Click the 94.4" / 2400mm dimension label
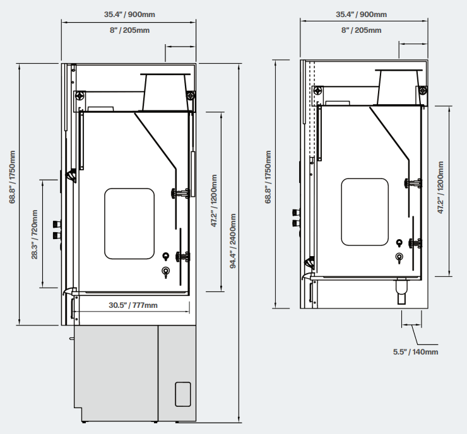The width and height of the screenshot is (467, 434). click(x=233, y=241)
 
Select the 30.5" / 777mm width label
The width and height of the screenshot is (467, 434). click(x=133, y=305)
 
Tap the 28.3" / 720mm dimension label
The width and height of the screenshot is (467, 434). click(x=35, y=234)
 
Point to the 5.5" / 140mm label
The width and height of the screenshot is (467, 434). click(x=415, y=352)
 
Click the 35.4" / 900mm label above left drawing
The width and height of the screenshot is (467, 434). click(x=129, y=15)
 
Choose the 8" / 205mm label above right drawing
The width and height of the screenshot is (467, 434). click(x=361, y=30)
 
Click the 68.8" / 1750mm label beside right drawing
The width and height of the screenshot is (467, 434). click(x=268, y=177)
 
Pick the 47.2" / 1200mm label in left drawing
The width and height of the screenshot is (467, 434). click(x=214, y=201)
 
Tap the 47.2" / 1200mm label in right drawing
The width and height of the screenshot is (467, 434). click(x=440, y=187)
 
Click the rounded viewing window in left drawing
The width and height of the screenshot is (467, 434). click(x=129, y=223)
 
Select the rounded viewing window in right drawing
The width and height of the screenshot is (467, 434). click(x=365, y=212)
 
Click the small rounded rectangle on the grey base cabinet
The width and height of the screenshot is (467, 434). click(x=183, y=394)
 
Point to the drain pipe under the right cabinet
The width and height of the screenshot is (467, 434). click(x=402, y=291)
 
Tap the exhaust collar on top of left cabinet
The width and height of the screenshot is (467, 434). click(x=165, y=92)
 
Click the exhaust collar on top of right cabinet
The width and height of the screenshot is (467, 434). click(x=398, y=87)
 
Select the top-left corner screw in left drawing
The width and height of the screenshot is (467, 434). click(x=80, y=96)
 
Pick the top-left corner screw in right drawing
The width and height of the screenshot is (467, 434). click(x=318, y=90)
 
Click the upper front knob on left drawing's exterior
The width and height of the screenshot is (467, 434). click(x=57, y=223)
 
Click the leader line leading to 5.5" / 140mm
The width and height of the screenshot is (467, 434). click(x=417, y=335)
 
